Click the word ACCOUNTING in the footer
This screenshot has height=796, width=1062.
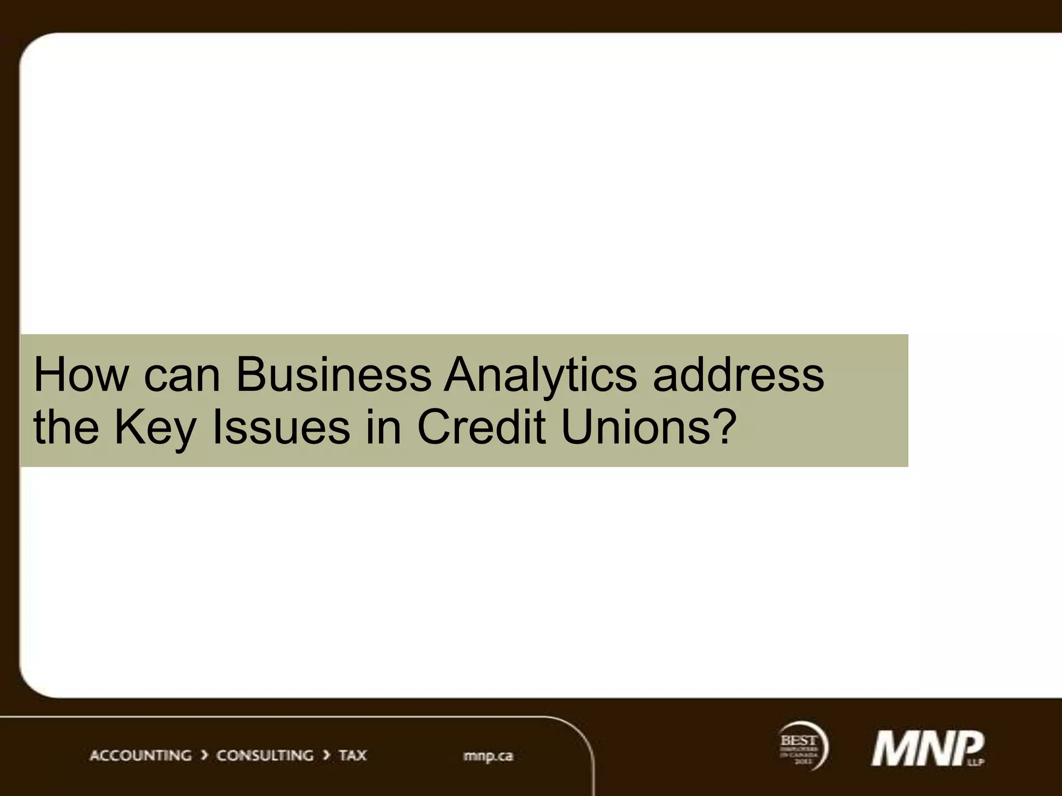(141, 756)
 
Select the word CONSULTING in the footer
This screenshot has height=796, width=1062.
(264, 756)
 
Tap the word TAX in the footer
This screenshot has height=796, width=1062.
(353, 756)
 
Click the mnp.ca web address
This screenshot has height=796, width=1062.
(488, 756)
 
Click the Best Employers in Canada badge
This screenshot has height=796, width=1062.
(802, 746)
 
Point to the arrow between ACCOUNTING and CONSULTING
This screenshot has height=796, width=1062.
(204, 756)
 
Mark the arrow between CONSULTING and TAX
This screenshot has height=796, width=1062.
(327, 756)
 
